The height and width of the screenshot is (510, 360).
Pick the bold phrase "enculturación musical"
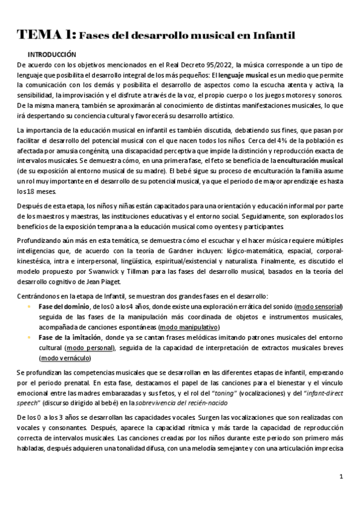[310, 161]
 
